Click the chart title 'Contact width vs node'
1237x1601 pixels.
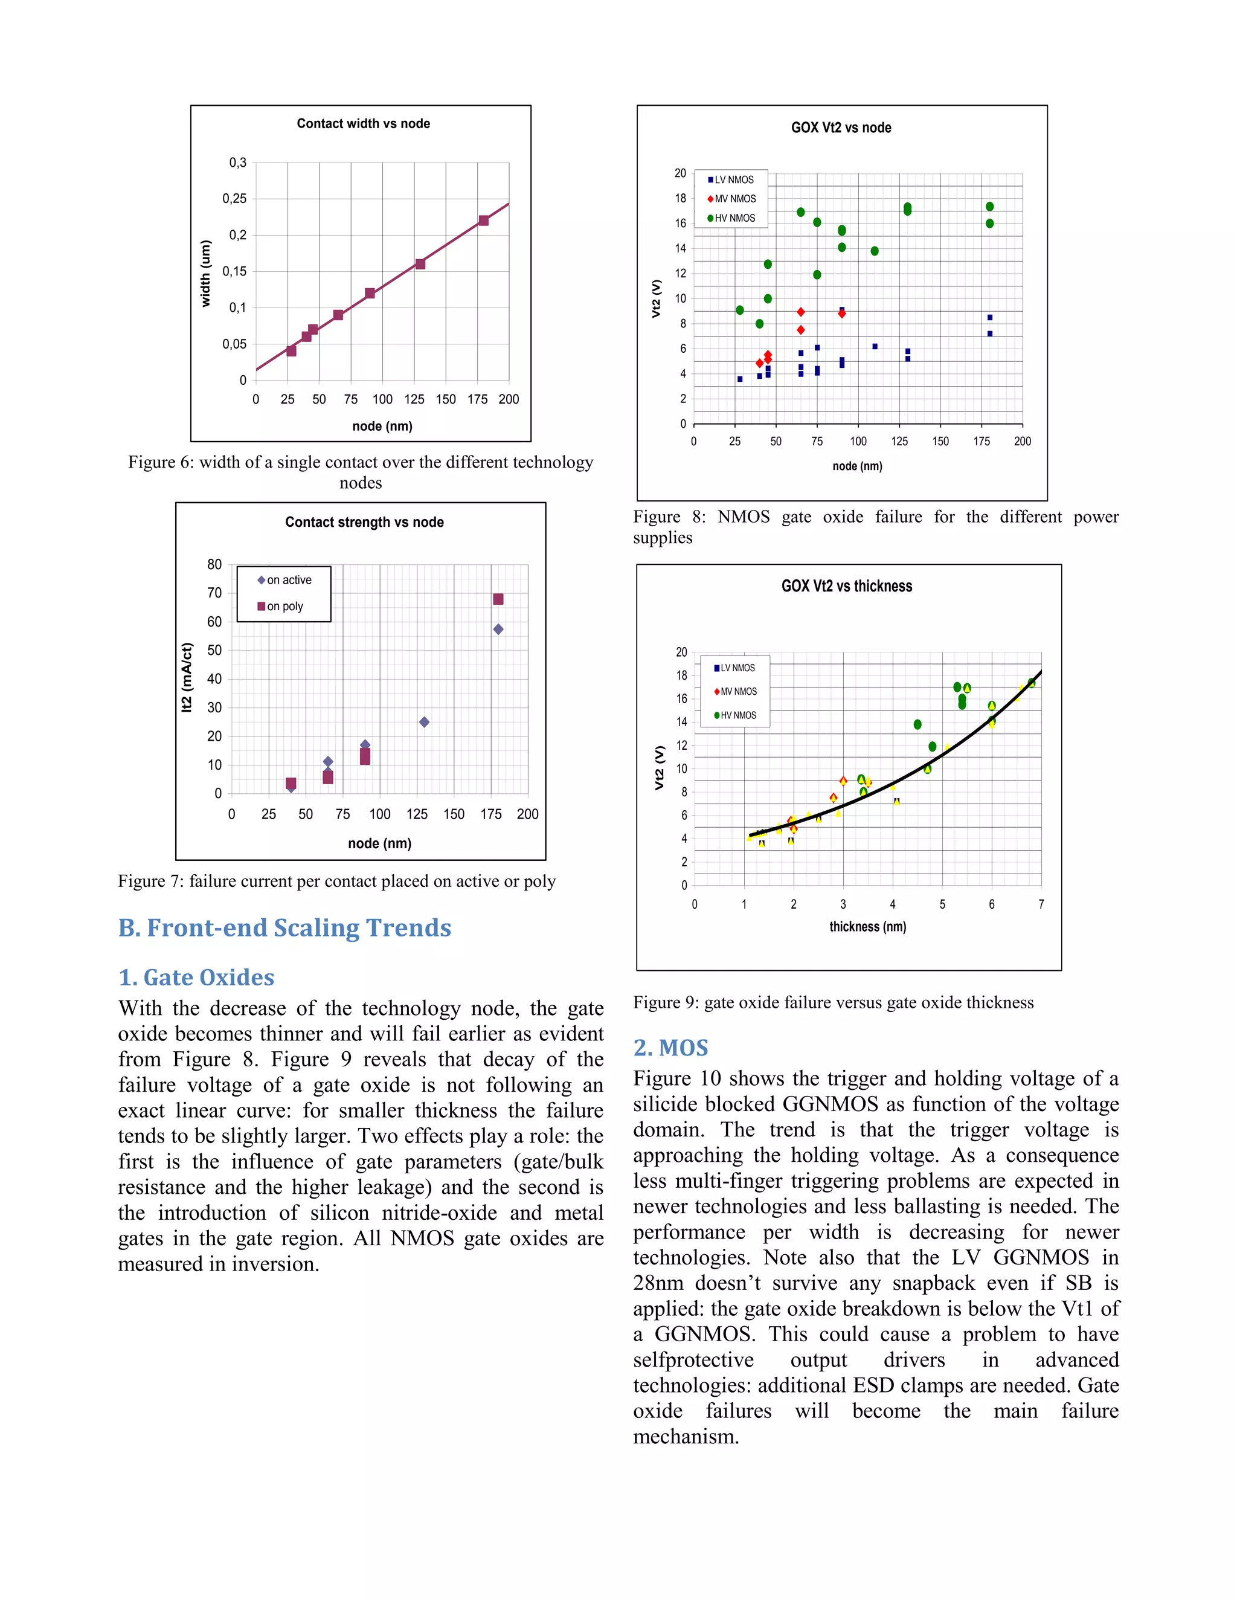pyautogui.click(x=363, y=124)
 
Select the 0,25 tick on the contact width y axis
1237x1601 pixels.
pyautogui.click(x=234, y=199)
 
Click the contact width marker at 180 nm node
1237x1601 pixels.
pyautogui.click(x=484, y=221)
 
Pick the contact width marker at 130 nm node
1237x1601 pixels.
pyautogui.click(x=420, y=264)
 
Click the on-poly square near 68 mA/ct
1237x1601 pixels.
pyautogui.click(x=498, y=600)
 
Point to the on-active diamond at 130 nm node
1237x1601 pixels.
pyautogui.click(x=424, y=722)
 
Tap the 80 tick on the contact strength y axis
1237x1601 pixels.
pyautogui.click(x=214, y=564)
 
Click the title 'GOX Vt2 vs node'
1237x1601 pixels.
pyautogui.click(x=841, y=127)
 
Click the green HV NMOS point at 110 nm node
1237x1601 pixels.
pyautogui.click(x=874, y=251)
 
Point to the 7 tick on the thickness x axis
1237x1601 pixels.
pyautogui.click(x=1041, y=904)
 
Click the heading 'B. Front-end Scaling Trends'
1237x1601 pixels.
pyautogui.click(x=284, y=928)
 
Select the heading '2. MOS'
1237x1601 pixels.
pyautogui.click(x=670, y=1048)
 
